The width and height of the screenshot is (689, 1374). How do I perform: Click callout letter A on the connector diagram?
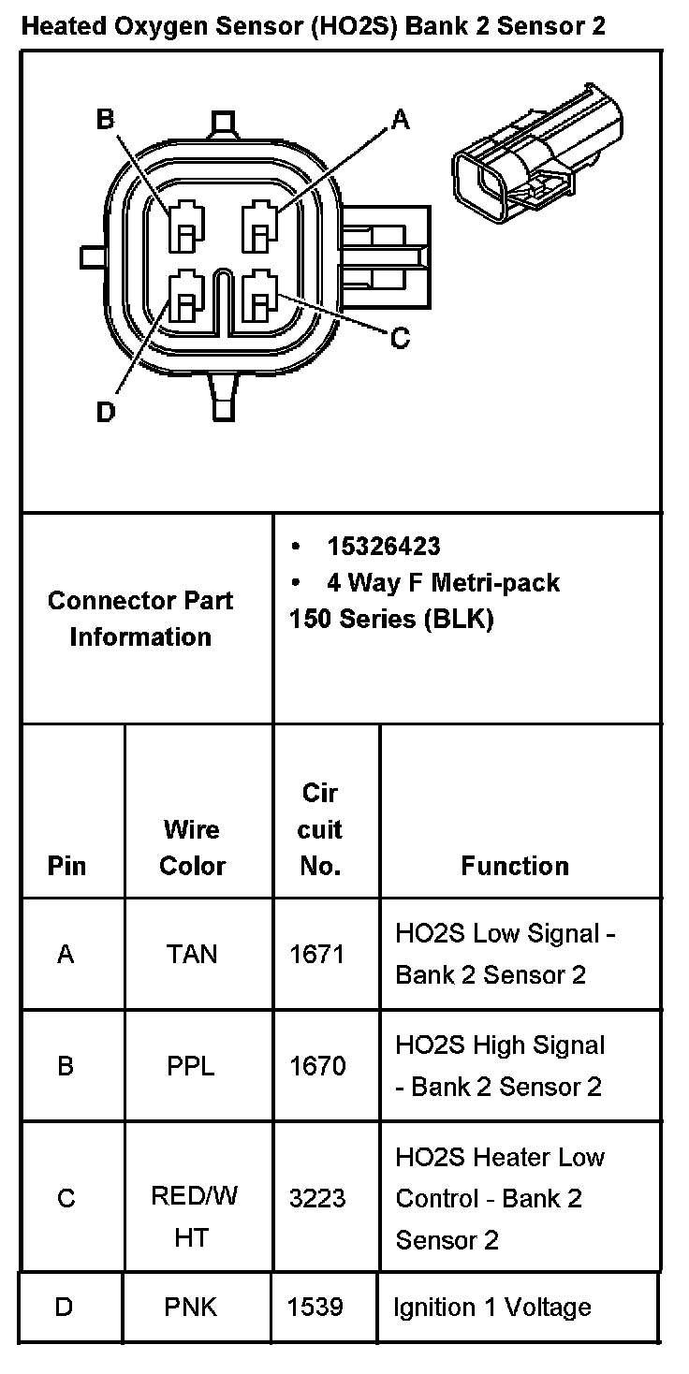(x=401, y=119)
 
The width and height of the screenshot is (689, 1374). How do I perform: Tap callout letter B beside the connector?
(x=106, y=119)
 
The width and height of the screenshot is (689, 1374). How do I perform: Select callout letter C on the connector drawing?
(x=401, y=338)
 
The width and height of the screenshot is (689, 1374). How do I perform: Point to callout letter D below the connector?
(x=106, y=412)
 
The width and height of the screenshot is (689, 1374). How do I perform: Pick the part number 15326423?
(x=383, y=547)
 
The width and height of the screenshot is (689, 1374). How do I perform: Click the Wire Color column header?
(x=192, y=847)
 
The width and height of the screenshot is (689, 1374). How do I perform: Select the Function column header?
(x=515, y=866)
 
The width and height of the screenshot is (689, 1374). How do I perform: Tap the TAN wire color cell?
(x=192, y=954)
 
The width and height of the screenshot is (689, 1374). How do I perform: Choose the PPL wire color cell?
(x=191, y=1066)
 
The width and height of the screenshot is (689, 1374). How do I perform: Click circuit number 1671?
(x=317, y=954)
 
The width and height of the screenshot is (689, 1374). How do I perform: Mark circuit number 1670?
(x=317, y=1066)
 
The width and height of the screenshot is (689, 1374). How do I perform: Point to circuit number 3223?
(x=317, y=1198)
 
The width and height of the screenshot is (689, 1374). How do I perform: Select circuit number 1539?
(x=316, y=1307)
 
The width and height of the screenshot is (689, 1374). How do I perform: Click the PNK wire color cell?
(x=191, y=1307)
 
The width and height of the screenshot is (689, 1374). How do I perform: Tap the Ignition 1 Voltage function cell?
(x=492, y=1307)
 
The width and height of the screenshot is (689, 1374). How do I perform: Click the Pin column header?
(x=66, y=866)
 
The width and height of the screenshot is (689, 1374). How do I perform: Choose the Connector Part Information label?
(x=140, y=619)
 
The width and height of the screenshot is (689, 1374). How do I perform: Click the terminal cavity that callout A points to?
(x=259, y=227)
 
